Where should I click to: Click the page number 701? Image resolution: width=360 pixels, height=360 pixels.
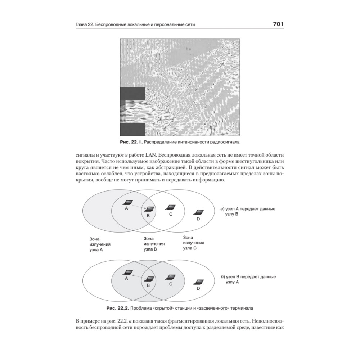[x=279, y=24]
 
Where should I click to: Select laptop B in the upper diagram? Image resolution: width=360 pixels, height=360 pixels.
[x=149, y=209]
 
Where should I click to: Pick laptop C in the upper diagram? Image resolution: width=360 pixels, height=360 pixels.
[x=170, y=207]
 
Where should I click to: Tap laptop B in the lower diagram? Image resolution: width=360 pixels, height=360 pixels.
[x=149, y=278]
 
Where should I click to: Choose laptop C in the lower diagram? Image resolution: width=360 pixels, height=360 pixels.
[x=170, y=277]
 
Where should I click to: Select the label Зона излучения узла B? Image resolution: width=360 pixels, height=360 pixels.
[x=154, y=243]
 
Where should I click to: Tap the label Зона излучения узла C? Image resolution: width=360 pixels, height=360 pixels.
[x=194, y=243]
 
